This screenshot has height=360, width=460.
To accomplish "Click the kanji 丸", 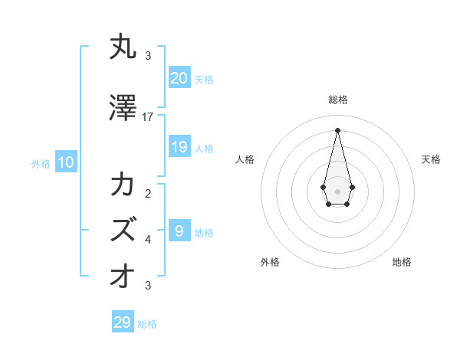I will pos(123,48).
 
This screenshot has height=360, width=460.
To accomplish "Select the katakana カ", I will pos(123,186).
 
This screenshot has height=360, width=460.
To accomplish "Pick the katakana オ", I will pos(123,277).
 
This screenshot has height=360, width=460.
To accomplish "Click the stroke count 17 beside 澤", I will pos(148,117).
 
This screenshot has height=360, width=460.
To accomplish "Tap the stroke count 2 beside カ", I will pos(148,194).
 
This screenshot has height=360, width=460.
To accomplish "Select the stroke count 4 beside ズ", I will pos(148,240).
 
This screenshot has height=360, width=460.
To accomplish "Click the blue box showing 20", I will pos(179,78).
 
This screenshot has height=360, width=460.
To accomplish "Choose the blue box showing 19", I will pos(179,147).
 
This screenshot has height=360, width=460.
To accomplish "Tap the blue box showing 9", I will pos(179,231).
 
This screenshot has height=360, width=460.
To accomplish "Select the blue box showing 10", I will pos(65,162).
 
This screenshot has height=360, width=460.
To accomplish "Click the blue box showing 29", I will pos(123,322).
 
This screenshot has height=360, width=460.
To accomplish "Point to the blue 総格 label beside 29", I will pos(148,324).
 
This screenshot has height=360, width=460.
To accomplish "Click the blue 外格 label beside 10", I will pos(41,163).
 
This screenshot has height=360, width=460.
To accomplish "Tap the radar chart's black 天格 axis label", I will pos(432,159).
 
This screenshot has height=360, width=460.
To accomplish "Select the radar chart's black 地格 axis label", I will pos(402,262).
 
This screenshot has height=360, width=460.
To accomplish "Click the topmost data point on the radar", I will pos(337,129).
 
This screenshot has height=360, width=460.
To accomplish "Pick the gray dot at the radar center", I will pos(337,191).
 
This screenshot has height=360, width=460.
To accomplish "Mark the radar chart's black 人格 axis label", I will pos(245,159).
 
